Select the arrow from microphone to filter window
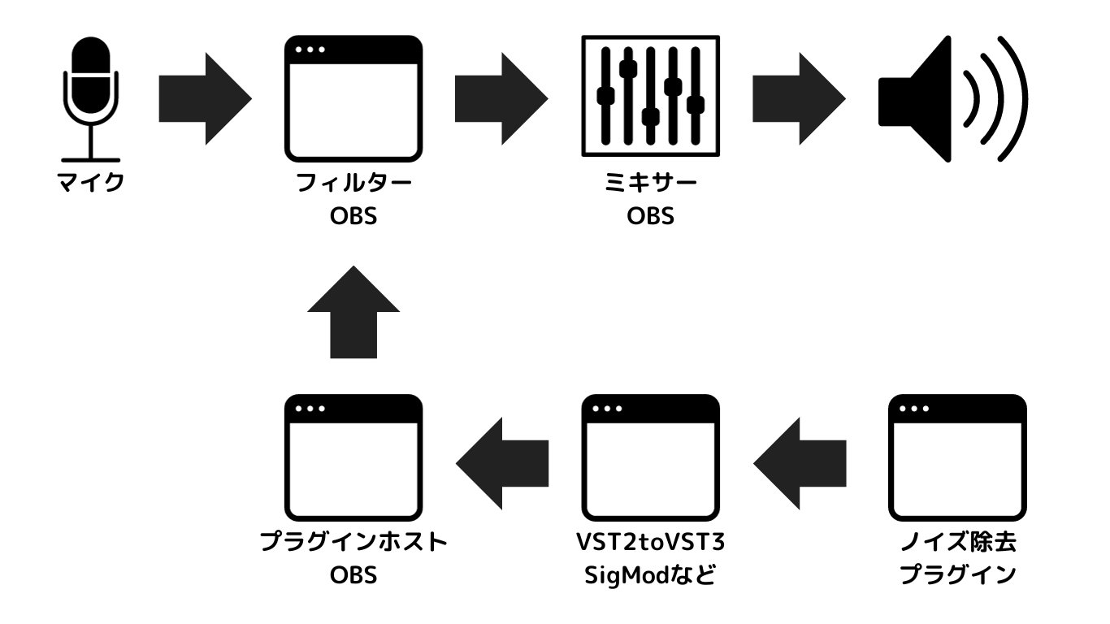[204, 99]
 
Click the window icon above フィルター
[353, 99]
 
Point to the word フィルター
[353, 182]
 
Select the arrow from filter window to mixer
[501, 99]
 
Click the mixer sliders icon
[650, 99]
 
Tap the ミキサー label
[650, 182]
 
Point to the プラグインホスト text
[353, 544]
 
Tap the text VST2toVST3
[650, 544]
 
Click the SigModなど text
[650, 576]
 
